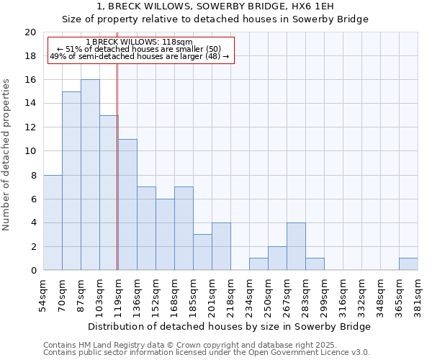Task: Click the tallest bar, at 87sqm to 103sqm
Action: tap(90, 175)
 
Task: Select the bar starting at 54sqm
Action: tap(53, 222)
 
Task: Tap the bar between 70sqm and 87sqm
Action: tap(71, 181)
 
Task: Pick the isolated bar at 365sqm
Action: tap(408, 264)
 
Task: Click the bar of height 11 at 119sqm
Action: tap(127, 204)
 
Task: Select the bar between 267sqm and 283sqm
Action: tap(296, 246)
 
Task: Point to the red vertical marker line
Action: tap(117, 166)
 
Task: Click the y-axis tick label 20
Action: tap(30, 32)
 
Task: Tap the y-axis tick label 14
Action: tap(30, 104)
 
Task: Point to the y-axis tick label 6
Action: tap(33, 199)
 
